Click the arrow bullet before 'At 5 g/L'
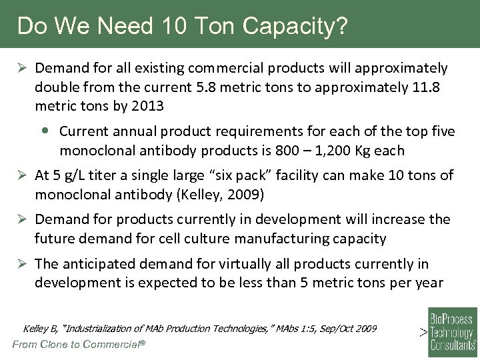(x=22, y=176)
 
